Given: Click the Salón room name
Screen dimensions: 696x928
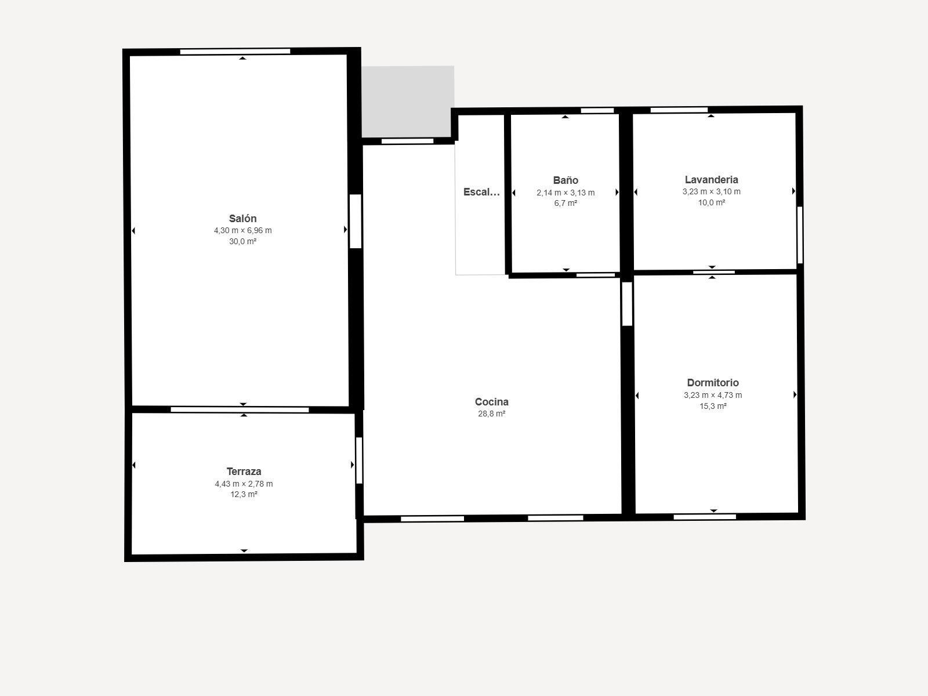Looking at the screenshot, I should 242,219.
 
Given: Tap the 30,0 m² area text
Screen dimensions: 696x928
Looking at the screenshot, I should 242,241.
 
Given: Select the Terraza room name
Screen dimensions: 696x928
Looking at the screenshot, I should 244,472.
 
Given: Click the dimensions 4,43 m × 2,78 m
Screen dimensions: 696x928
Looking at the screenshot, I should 244,484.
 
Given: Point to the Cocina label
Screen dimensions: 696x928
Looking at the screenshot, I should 491,402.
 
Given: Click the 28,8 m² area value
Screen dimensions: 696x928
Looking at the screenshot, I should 491,414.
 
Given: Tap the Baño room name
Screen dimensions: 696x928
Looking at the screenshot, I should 565,180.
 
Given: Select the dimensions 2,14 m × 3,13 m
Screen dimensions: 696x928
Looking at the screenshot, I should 565,193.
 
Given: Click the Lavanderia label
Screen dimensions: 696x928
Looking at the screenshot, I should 711,180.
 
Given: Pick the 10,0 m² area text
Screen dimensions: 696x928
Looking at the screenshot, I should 711,202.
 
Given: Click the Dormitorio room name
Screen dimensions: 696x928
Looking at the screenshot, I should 713,383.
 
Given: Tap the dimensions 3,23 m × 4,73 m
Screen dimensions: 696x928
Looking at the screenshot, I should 713,395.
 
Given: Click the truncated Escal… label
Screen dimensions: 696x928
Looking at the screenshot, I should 481,192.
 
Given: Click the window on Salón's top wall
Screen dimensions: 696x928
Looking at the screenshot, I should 235,52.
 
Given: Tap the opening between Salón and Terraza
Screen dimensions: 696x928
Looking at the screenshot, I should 240,410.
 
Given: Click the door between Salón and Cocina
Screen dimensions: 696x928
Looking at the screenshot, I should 356,221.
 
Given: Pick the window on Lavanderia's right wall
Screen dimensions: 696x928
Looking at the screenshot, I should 800,234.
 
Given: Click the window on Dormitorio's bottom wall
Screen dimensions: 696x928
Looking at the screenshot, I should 704,517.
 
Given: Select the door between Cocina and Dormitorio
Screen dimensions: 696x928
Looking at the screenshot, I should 627,303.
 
